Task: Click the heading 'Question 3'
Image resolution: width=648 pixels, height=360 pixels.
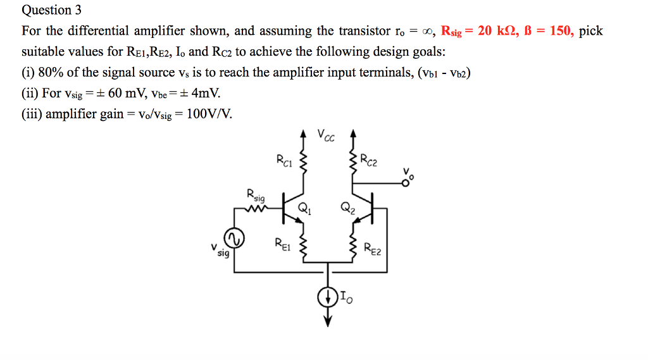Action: [x=47, y=10]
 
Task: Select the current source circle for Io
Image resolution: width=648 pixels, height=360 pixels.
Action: [x=328, y=297]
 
